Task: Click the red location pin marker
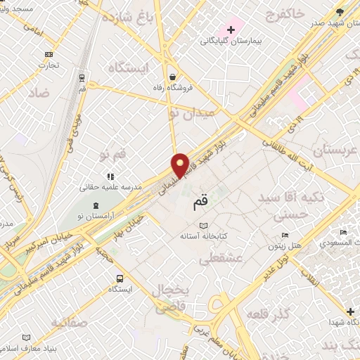pos(181,165)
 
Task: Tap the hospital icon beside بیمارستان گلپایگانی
pos(230,30)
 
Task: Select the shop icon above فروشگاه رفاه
pos(172,77)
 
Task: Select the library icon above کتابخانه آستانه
pos(203,225)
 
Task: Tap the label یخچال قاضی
pos(169,298)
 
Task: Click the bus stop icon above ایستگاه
pos(120,278)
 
